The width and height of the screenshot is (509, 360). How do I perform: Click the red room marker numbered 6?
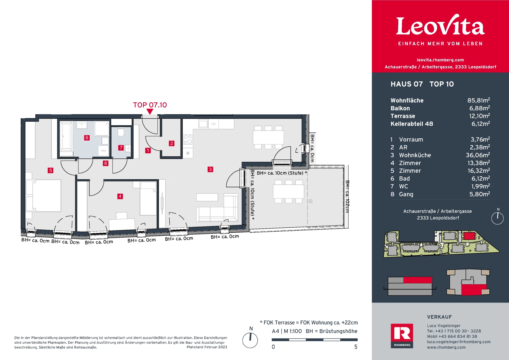click(x=87, y=138)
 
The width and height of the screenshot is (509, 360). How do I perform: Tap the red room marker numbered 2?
click(x=172, y=143)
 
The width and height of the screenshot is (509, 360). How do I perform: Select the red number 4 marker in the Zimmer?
click(x=120, y=196)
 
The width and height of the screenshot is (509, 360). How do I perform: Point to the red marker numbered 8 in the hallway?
click(x=106, y=163)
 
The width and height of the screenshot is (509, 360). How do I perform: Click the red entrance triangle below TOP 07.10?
click(x=150, y=112)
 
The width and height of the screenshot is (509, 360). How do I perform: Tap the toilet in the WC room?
click(x=121, y=132)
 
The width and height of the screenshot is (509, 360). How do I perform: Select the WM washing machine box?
click(x=103, y=151)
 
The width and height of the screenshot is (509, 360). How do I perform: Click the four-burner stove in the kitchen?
click(x=188, y=139)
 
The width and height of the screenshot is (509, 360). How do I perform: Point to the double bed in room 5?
click(x=44, y=196)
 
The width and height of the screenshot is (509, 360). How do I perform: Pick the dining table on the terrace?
click(x=288, y=191)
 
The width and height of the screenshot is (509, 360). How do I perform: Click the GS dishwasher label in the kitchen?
click(x=213, y=124)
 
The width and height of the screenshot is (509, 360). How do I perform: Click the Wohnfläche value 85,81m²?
click(x=479, y=100)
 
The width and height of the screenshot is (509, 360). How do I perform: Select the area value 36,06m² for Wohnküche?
click(x=478, y=155)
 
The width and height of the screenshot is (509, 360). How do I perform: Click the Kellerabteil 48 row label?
click(x=412, y=124)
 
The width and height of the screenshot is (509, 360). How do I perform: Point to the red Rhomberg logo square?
click(x=402, y=336)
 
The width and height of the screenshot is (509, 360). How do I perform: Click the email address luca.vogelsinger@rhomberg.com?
click(x=459, y=342)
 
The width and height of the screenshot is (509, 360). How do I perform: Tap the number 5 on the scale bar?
click(x=356, y=347)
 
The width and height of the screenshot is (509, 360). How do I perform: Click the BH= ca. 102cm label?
click(x=347, y=197)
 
